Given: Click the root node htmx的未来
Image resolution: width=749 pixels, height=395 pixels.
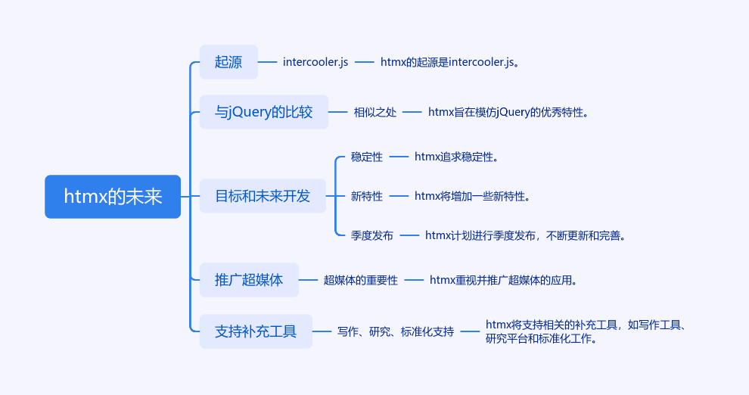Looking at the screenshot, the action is point(113,197).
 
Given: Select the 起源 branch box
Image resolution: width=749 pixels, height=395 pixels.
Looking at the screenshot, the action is point(228,62).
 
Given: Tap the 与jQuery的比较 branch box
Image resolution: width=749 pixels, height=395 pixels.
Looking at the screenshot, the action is point(264,112).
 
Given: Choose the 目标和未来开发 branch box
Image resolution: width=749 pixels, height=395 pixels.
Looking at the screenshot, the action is point(263,196).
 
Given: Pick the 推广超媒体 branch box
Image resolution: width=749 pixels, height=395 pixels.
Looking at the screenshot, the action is point(249,280).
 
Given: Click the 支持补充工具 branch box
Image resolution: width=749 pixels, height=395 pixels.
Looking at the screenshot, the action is point(256,331).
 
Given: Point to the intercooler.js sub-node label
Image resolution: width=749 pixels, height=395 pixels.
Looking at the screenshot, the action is point(315,62).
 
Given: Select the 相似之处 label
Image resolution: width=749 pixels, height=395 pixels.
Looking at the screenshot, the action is point(375,112).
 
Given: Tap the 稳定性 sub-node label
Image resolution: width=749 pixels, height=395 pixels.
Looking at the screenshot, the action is point(367,157).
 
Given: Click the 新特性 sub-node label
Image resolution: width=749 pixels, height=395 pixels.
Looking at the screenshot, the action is point(367,196).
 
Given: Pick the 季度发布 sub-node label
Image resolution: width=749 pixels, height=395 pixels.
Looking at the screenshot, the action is point(372,235).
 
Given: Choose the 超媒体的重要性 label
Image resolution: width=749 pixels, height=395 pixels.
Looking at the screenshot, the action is point(361,281).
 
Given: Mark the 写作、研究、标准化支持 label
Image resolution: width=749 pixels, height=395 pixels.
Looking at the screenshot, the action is point(396,331).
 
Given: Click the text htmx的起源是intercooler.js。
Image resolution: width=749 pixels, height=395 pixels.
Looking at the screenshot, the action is point(449,62).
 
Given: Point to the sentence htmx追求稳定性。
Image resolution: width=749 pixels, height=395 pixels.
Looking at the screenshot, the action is point(456,157).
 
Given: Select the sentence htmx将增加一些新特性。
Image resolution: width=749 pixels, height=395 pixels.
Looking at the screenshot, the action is point(472,196).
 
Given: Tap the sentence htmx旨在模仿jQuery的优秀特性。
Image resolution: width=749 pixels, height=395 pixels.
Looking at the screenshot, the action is point(508,112).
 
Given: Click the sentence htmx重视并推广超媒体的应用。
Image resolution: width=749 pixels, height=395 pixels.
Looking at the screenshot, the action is point(503,281).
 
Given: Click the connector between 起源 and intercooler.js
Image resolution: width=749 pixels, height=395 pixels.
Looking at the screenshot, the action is point(268,62).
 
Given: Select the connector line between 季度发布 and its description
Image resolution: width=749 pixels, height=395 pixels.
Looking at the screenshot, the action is point(409,235).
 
